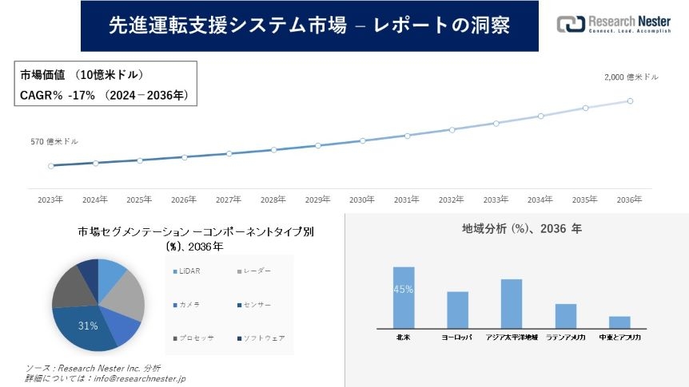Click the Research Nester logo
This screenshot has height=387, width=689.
613,24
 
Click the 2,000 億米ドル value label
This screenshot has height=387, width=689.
631,77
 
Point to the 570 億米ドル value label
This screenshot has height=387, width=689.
54,141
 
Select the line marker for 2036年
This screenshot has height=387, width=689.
630,101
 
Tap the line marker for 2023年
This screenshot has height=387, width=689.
51,166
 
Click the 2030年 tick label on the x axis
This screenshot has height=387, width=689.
362,199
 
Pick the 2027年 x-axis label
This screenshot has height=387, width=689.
229,199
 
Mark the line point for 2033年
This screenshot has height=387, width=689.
496,123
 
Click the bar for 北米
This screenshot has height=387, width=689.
404,297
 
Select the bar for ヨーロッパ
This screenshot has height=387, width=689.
457,310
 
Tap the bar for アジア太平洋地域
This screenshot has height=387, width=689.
512,303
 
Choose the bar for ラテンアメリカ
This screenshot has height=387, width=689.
566,315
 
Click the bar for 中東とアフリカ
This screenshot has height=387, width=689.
619,322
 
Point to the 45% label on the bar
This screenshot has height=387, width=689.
404,290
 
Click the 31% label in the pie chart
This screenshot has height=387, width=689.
88,326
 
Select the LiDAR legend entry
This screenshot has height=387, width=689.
189,272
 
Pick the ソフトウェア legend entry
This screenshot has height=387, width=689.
263,338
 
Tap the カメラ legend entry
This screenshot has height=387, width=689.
188,306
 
